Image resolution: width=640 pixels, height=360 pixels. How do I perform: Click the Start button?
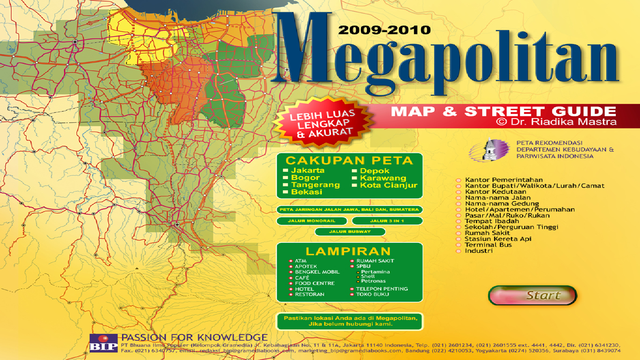point(533,296)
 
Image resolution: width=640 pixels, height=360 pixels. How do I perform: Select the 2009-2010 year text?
point(384,30)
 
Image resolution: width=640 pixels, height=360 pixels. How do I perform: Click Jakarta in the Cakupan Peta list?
point(307,171)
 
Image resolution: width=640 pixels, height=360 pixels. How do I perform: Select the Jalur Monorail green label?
point(312,221)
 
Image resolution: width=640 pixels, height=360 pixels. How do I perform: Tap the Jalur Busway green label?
point(350,232)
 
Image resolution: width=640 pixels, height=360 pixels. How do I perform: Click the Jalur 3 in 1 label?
point(387,221)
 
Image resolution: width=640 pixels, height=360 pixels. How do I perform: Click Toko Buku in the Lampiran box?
point(372,294)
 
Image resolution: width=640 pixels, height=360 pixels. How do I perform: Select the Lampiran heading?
point(348,251)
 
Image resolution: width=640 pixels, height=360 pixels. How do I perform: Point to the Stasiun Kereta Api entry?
point(498,239)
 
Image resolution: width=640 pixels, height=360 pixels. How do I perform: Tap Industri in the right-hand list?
point(478,251)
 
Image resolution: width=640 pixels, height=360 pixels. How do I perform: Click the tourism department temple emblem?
point(490,149)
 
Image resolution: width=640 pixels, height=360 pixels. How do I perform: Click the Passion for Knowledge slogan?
point(194,337)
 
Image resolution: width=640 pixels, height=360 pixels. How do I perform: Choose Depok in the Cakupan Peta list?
point(374,171)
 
